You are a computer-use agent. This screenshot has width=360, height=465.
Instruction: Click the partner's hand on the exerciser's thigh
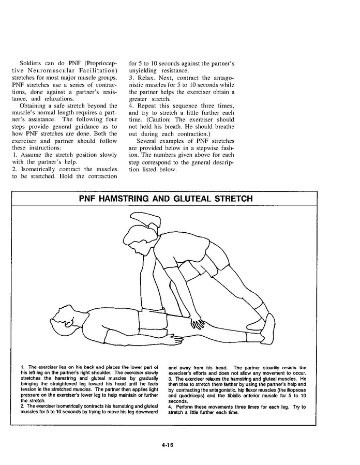pos(198,324)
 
